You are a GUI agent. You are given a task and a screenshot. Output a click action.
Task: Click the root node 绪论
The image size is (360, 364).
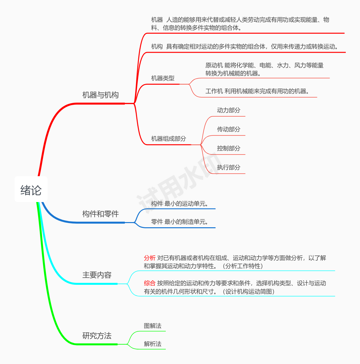[x=31, y=190]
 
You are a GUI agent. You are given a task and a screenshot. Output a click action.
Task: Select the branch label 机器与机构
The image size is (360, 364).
[x=101, y=95]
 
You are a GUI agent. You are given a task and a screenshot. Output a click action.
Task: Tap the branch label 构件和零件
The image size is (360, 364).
[x=101, y=214]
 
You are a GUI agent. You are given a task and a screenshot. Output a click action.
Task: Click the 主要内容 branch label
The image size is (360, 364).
[x=97, y=275]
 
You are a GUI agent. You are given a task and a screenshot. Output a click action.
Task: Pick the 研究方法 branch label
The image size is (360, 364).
[x=97, y=336]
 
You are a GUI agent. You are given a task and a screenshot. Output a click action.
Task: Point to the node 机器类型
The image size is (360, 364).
[x=163, y=78]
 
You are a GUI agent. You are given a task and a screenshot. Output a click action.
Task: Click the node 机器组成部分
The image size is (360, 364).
[x=169, y=139]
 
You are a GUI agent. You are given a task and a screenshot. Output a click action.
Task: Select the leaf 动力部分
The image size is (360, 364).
[x=229, y=110]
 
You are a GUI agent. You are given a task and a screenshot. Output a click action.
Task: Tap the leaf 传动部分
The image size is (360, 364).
[x=229, y=129]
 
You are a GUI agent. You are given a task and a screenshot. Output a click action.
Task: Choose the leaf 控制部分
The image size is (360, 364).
[x=229, y=148]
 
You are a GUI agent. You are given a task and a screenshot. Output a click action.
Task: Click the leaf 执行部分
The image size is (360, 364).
[x=229, y=167]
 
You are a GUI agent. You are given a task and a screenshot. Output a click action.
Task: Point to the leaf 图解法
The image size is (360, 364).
[x=153, y=326]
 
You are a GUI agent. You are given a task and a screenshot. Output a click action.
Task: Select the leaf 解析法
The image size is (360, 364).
[x=153, y=344]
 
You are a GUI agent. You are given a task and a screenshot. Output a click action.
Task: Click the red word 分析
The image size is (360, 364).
[x=150, y=258]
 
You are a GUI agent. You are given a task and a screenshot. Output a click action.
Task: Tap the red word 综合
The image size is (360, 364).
[x=150, y=283]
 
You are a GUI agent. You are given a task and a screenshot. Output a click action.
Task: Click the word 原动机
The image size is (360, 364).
[x=214, y=65]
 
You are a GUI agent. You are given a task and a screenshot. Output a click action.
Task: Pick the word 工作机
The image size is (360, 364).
[x=214, y=91]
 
